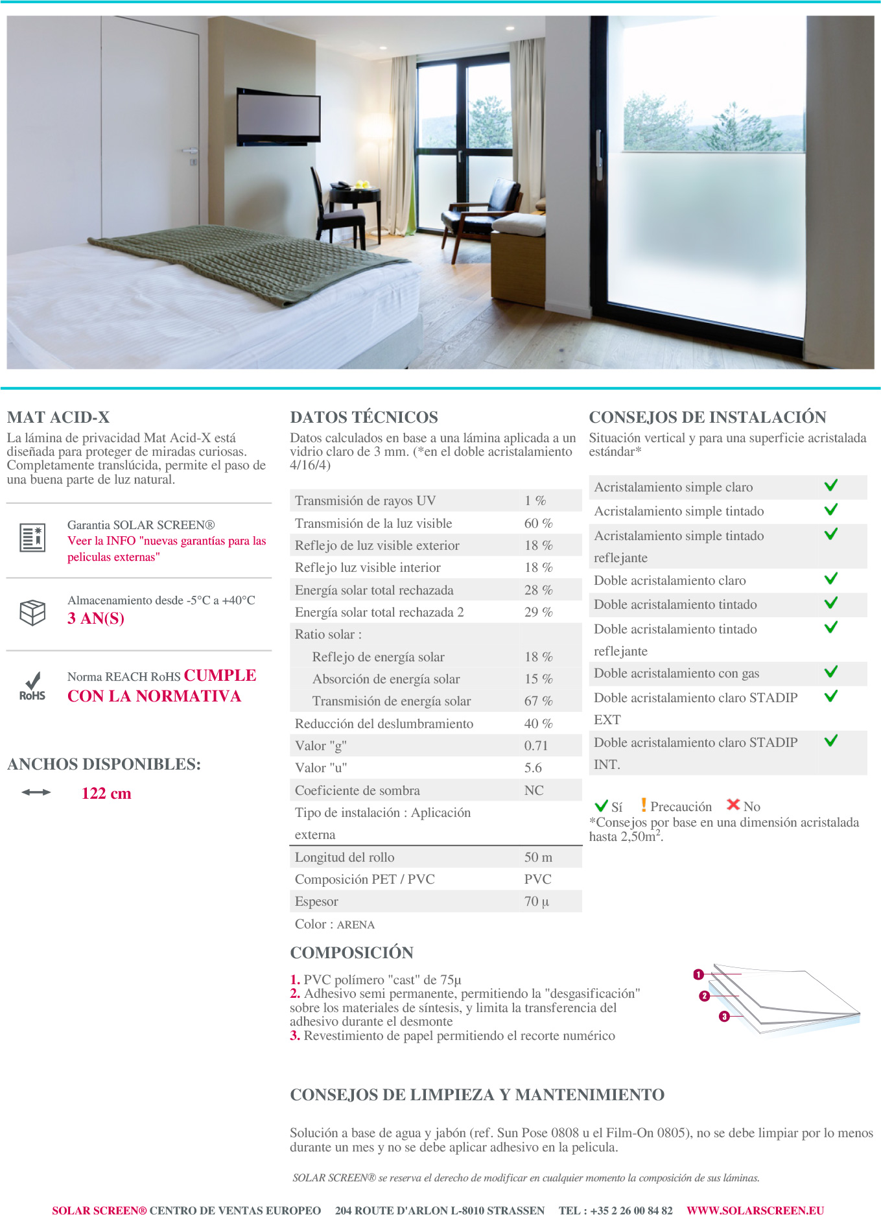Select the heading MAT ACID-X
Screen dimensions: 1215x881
58,417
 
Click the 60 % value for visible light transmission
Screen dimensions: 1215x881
538,523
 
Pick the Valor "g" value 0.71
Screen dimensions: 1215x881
535,746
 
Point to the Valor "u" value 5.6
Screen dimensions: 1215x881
533,768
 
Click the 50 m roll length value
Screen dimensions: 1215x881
538,857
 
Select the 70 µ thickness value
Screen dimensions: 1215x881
536,901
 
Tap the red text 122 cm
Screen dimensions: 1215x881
106,794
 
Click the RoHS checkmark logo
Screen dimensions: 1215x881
32,686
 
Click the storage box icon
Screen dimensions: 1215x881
32,612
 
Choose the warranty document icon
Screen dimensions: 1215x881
32,537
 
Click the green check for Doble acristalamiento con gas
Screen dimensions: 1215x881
830,672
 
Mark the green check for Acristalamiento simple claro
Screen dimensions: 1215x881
830,486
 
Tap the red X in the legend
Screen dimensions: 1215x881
733,805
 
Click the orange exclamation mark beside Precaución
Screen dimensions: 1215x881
643,805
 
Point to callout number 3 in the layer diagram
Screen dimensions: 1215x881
724,1017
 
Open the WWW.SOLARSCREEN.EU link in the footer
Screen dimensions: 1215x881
755,1210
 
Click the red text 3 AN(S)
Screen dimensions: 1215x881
96,619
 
